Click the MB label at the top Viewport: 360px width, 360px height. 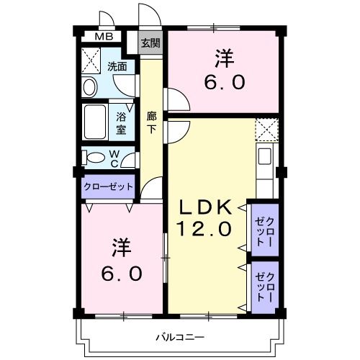point(104,37)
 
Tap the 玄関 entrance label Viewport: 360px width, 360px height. point(150,42)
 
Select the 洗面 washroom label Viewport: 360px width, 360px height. point(117,66)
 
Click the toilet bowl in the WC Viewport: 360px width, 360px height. point(93,158)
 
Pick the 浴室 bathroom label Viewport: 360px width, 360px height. point(121,120)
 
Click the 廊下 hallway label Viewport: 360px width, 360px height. point(152,122)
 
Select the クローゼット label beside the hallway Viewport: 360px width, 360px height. point(109,186)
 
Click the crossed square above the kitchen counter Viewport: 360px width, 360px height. point(266,130)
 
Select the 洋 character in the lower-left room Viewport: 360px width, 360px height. point(120,248)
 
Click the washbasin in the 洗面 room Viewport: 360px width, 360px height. point(90,87)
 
